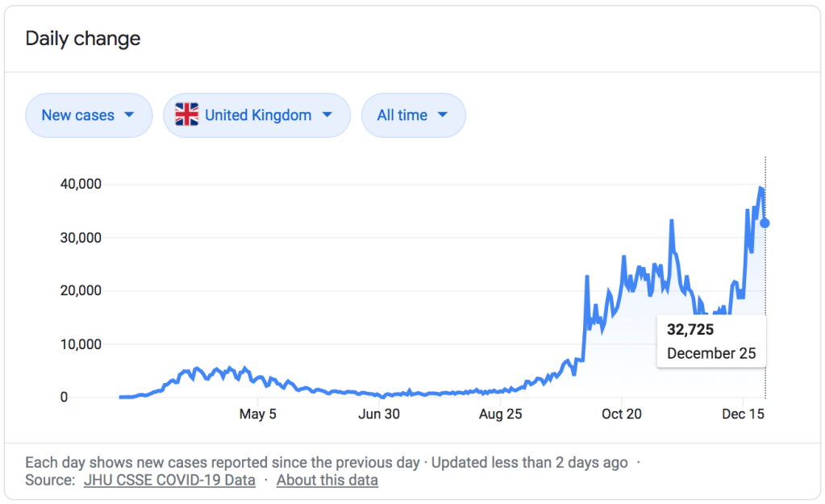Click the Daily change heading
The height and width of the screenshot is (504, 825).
pos(83,39)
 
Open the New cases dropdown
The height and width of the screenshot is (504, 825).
pos(89,115)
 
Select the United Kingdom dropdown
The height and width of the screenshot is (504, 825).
pos(256,115)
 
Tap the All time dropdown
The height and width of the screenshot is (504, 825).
pos(413,115)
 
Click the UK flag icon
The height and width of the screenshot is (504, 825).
pos(186,115)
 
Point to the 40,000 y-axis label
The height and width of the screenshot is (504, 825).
pos(80,184)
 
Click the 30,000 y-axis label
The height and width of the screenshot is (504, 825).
pos(80,238)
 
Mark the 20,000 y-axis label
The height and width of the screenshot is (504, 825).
pos(80,291)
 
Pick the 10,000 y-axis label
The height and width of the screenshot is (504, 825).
pos(80,344)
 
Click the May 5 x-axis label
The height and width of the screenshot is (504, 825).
pos(258,414)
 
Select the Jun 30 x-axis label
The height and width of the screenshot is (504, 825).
pos(379,414)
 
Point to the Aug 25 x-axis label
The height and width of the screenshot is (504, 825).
pos(502,414)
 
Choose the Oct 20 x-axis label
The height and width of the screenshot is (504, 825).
pos(622,414)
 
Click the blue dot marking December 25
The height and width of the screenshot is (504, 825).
pos(765,223)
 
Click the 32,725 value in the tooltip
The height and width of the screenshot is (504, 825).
pos(690,330)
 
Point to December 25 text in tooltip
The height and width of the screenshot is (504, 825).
pos(711,353)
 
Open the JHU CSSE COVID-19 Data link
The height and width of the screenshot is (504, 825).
pos(169,481)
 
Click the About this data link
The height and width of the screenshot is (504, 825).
pos(327,481)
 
